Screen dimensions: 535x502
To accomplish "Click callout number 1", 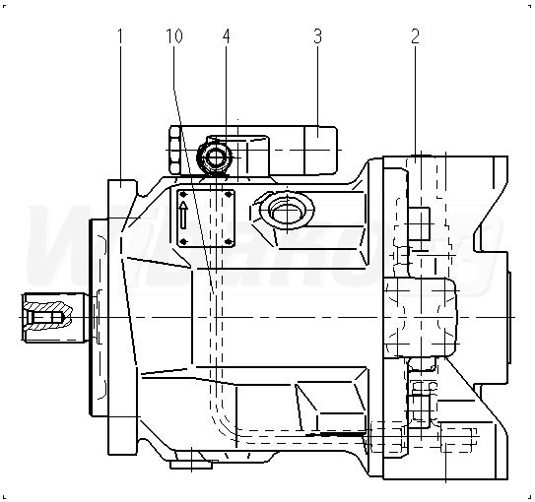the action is tap(120, 36).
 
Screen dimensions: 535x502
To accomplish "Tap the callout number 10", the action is tap(174, 36).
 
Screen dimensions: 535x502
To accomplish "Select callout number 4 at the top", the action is tap(227, 36).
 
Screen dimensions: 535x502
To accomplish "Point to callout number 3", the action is tap(317, 36).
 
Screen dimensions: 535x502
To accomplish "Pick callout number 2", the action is tap(415, 36).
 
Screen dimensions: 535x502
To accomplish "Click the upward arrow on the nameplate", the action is tap(183, 215).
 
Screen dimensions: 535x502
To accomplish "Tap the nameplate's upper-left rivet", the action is tap(183, 195).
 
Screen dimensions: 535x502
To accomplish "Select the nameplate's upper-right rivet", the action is tap(229, 195).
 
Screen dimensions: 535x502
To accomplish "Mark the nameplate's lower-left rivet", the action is tap(183, 241).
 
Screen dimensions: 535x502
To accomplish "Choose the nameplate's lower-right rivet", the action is tap(229, 241).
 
